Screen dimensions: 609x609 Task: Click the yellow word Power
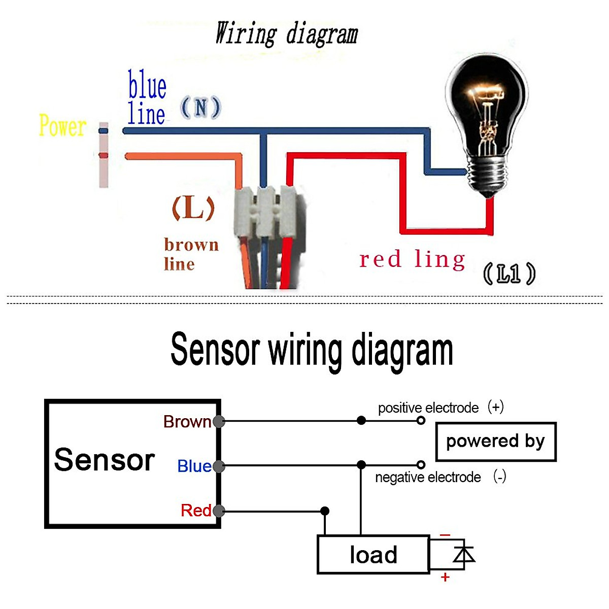pyautogui.click(x=62, y=126)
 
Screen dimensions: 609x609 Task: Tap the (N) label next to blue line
pyautogui.click(x=200, y=108)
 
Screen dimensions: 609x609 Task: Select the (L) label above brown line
pyautogui.click(x=193, y=208)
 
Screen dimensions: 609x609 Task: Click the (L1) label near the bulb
pyautogui.click(x=509, y=274)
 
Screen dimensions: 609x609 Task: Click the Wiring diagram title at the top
pyautogui.click(x=287, y=33)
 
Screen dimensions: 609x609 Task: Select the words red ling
pyautogui.click(x=412, y=259)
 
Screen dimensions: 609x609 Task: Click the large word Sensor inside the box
pyautogui.click(x=105, y=460)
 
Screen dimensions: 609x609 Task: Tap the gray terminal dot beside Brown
pyautogui.click(x=219, y=421)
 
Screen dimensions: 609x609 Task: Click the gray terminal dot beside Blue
pyautogui.click(x=219, y=466)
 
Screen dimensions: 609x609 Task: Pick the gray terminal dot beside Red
pyautogui.click(x=219, y=511)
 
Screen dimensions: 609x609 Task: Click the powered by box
pyautogui.click(x=496, y=442)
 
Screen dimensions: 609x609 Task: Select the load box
pyautogui.click(x=374, y=555)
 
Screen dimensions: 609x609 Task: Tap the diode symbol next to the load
pyautogui.click(x=463, y=554)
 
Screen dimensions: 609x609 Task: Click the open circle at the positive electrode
pyautogui.click(x=421, y=421)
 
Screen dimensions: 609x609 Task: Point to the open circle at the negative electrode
pyautogui.click(x=421, y=465)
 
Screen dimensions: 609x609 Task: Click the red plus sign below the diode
pyautogui.click(x=445, y=578)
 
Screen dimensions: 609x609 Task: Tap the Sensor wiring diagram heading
pyautogui.click(x=312, y=350)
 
